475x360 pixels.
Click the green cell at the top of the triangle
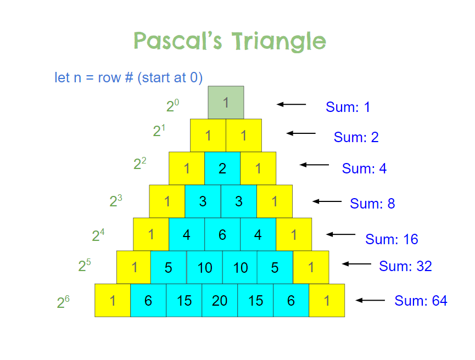coord(226,102)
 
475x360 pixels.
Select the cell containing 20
coord(220,300)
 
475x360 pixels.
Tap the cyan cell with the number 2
coord(222,168)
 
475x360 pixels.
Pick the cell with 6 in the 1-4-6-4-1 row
coord(222,234)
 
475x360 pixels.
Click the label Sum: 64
coord(421,301)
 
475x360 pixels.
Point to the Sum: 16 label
coord(392,239)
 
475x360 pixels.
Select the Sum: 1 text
coord(348,107)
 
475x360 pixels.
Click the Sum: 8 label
coord(372,204)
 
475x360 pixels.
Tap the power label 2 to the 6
coord(63,302)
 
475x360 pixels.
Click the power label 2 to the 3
coord(116,201)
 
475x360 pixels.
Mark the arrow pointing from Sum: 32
coord(356,264)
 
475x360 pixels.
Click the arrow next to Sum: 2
coord(301,133)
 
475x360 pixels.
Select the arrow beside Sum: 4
coord(314,165)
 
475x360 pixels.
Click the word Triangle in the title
coord(279,41)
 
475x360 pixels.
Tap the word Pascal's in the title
coord(178,41)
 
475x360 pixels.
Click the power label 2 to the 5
coord(85,265)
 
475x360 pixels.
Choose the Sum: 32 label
coord(405,266)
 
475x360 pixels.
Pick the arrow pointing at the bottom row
coord(370,300)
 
